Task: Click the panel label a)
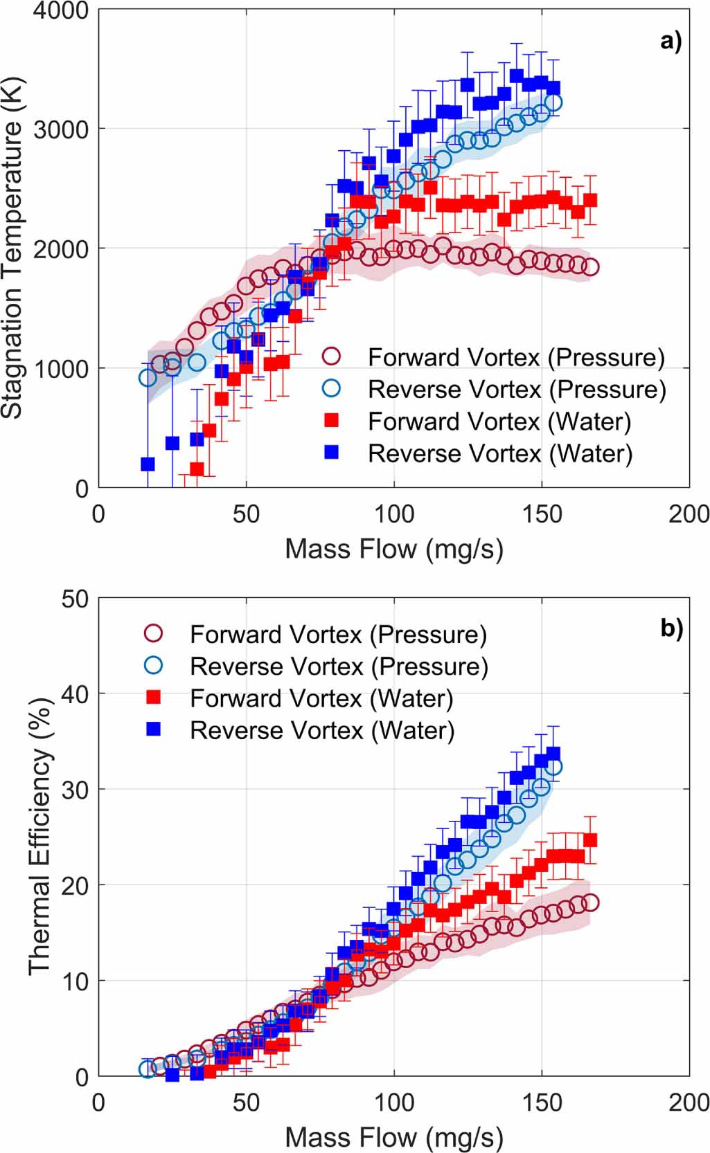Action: pyautogui.click(x=671, y=42)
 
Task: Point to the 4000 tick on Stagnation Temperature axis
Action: pyautogui.click(x=61, y=11)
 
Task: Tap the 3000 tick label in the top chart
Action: pyautogui.click(x=61, y=129)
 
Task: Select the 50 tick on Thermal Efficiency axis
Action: pyautogui.click(x=75, y=599)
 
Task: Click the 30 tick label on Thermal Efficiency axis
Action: pyautogui.click(x=75, y=790)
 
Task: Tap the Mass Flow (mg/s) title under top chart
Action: pyautogui.click(x=393, y=549)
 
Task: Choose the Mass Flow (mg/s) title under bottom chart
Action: pyautogui.click(x=393, y=1137)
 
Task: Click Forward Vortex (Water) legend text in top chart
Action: pyautogui.click(x=499, y=421)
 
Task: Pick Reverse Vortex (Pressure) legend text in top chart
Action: pyautogui.click(x=517, y=390)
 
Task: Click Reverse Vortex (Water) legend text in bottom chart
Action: pyautogui.click(x=322, y=730)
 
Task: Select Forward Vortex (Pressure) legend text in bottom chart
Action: pyautogui.click(x=338, y=635)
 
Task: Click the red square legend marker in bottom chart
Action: pyautogui.click(x=154, y=698)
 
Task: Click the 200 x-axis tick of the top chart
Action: pyautogui.click(x=689, y=514)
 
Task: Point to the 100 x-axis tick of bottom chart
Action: pyautogui.click(x=394, y=1102)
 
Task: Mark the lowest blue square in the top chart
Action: pyautogui.click(x=148, y=464)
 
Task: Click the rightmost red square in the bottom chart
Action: pyautogui.click(x=590, y=840)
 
